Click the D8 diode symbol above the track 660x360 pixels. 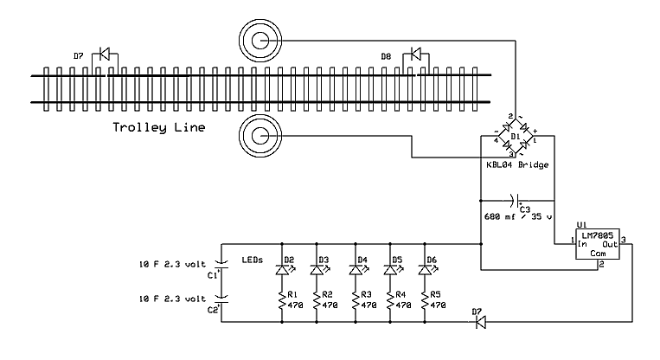417,55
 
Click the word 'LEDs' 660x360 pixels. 252,259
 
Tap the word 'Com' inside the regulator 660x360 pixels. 599,255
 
